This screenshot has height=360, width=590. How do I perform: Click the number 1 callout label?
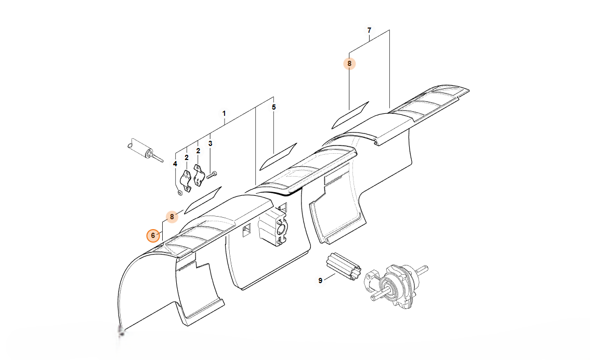coord(224,113)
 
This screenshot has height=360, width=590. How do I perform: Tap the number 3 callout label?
coord(210,143)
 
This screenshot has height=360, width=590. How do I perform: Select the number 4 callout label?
coord(175,164)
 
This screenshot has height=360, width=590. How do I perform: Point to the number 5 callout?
coord(274,108)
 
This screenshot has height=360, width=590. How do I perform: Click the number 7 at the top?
coord(369,30)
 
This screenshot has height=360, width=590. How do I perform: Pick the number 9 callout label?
coord(320,281)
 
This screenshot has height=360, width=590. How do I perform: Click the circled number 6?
coord(153,235)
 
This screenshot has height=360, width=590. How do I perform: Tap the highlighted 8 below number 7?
coord(349,64)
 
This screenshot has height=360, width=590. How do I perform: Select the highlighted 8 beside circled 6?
coord(172,217)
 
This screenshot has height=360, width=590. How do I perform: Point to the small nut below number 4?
coord(180,193)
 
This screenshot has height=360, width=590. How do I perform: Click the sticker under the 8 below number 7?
coord(350,114)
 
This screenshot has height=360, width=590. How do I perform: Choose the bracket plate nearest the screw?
coord(199,175)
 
